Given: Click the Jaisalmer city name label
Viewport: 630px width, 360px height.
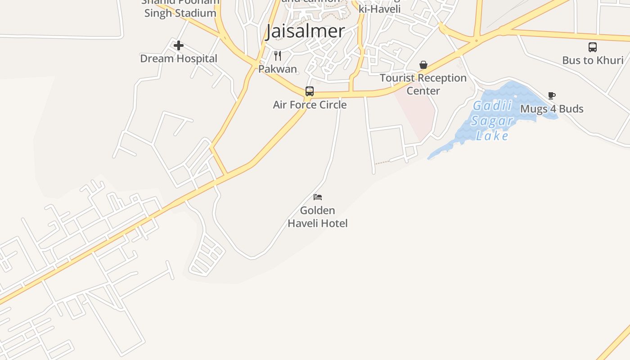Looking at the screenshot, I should click(305, 31).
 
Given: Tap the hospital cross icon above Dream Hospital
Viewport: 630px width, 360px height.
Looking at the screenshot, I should click(179, 45).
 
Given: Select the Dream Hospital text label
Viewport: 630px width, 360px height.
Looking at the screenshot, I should click(179, 58).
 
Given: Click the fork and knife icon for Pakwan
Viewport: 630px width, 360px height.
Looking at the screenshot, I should click(278, 56).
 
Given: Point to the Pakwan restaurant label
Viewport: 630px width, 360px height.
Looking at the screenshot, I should click(278, 69).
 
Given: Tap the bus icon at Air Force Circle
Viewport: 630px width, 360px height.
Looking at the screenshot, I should click(310, 91).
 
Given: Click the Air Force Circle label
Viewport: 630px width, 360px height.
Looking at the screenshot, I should click(310, 105).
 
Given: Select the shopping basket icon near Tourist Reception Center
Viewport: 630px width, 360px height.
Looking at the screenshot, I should click(423, 65).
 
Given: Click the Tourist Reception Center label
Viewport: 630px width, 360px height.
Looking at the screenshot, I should click(423, 84).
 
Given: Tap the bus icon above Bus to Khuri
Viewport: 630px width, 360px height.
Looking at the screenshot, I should click(593, 47).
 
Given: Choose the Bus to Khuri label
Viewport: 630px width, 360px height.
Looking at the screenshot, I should click(593, 60).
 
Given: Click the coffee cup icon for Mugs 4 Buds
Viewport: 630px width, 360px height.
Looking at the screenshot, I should click(552, 95).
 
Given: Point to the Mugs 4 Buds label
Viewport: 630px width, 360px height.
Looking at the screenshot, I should click(552, 109).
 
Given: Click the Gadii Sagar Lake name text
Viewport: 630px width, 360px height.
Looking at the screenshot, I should click(492, 121).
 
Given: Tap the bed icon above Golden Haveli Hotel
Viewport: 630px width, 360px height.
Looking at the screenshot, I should click(318, 197).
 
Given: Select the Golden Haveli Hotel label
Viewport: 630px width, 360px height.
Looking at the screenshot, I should click(318, 216).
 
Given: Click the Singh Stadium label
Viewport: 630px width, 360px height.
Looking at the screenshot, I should click(180, 13).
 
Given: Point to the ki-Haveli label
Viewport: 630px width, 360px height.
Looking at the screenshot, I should click(379, 9).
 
